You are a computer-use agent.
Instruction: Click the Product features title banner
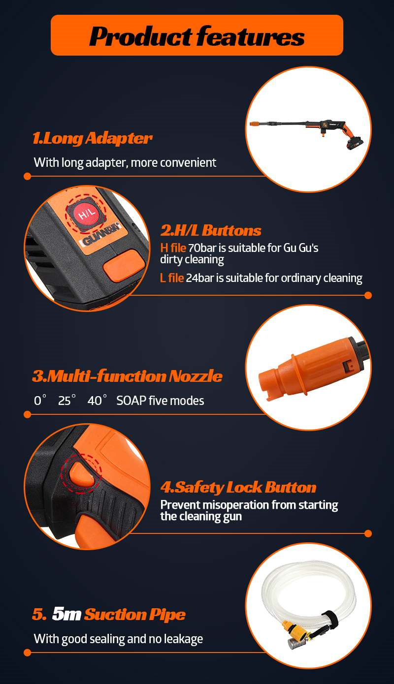197,35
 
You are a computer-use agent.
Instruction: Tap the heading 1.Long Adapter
92,138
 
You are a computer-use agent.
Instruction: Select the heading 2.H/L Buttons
211,230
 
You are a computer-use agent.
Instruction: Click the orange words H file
173,248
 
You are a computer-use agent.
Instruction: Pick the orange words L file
172,278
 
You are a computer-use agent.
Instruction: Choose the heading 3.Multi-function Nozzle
127,376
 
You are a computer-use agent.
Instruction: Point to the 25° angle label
67,401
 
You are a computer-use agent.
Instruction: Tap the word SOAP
132,401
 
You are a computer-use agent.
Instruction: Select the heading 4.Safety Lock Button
238,488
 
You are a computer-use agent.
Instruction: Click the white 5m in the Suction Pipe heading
66,614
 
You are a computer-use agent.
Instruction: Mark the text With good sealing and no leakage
118,639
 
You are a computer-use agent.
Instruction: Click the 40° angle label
97,401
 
